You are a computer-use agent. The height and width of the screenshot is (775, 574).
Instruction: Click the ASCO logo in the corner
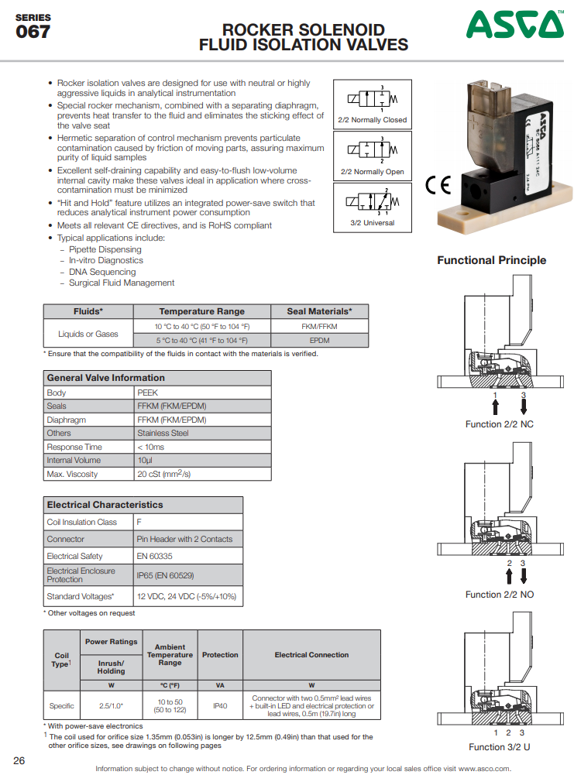click(514, 26)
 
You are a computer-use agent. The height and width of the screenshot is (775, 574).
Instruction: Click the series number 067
click(33, 33)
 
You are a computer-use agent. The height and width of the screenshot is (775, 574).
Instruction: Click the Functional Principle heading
click(491, 260)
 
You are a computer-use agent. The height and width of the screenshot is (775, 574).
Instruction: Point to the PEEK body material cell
click(147, 393)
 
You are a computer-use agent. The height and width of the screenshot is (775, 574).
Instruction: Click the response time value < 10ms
click(150, 447)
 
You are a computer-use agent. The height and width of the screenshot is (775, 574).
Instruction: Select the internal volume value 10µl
click(145, 460)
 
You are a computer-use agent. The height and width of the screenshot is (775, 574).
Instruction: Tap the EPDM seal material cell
click(319, 340)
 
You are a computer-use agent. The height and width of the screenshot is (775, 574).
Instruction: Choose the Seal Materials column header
click(319, 311)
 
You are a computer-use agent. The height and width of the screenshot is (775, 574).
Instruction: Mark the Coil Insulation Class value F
click(139, 522)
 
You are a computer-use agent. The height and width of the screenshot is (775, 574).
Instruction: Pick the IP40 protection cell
click(220, 705)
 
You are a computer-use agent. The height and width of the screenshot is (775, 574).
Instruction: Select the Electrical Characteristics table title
click(105, 505)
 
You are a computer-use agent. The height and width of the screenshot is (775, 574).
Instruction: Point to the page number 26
click(19, 760)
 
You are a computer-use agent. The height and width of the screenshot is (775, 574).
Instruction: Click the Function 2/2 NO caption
click(500, 595)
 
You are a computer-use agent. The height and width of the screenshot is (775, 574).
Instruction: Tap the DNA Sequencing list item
click(102, 272)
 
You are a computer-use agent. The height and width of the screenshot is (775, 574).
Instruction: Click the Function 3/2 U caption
click(500, 746)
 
